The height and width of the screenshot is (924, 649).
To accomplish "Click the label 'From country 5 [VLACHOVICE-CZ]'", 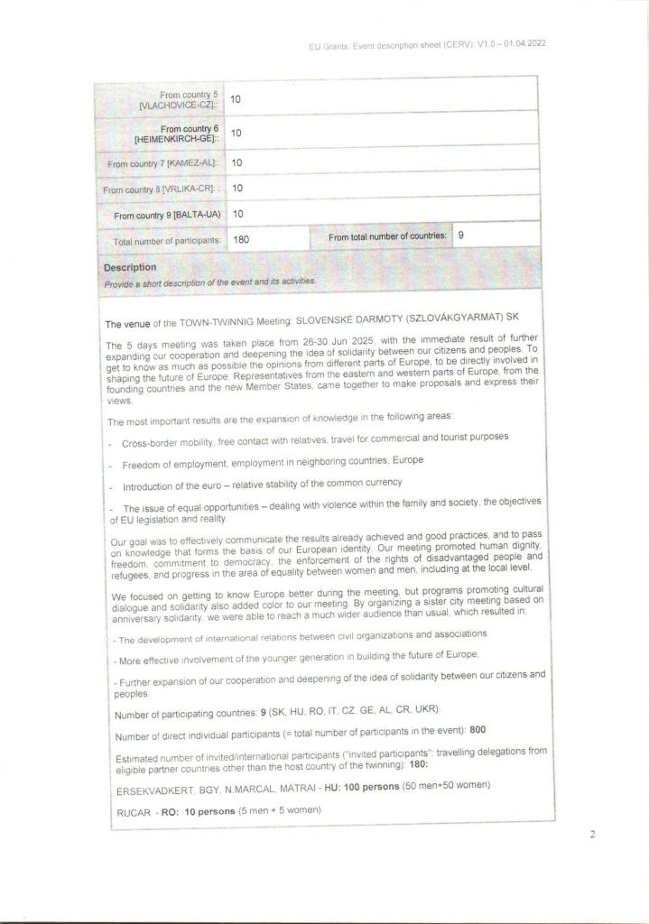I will pyautogui.click(x=177, y=99).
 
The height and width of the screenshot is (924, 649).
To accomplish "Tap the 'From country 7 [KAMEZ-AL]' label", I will pyautogui.click(x=163, y=163).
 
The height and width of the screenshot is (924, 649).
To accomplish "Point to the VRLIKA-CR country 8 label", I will pyautogui.click(x=162, y=189).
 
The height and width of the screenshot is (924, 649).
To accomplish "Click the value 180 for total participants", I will pyautogui.click(x=241, y=241).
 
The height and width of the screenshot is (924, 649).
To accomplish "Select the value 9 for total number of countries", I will pyautogui.click(x=461, y=235).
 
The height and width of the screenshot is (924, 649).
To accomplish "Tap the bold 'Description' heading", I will pyautogui.click(x=130, y=267).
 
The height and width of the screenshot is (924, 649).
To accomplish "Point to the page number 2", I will pyautogui.click(x=592, y=834).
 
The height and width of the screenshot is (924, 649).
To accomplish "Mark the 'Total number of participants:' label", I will pyautogui.click(x=167, y=241).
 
